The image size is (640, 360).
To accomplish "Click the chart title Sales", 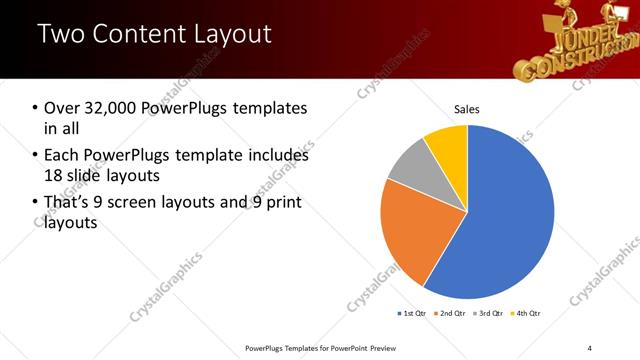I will [467, 108].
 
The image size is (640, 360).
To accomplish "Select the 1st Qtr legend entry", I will [412, 314].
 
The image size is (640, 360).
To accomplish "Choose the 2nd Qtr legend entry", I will [451, 314].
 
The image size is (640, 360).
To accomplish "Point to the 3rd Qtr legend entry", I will [489, 314].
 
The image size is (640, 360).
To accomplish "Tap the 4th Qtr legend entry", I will [526, 314].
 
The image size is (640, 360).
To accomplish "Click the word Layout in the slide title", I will [227, 34].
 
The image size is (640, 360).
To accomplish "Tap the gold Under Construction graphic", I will [585, 40].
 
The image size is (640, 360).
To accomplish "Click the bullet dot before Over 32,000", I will [35, 108].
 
